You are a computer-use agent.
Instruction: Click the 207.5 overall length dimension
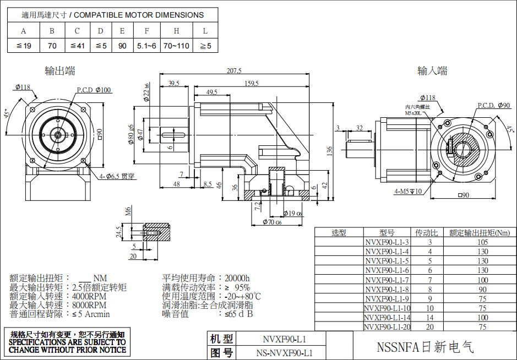[234, 70]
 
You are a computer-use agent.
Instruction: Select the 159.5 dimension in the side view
[251, 84]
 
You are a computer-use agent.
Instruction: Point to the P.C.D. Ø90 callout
[493, 105]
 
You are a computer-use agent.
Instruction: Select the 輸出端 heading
[60, 70]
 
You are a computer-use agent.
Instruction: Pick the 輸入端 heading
[432, 70]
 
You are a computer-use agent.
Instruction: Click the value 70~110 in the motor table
[176, 46]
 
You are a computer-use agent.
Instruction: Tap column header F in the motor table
[146, 31]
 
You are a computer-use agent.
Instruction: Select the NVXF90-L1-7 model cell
[387, 280]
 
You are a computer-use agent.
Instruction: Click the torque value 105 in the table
[482, 242]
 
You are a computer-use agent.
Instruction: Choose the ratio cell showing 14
[430, 318]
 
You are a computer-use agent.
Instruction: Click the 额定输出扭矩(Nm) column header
[479, 233]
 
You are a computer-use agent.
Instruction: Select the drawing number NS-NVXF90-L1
[285, 353]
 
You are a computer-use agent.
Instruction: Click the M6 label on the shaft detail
[128, 211]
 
